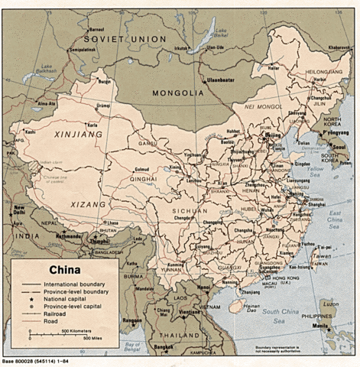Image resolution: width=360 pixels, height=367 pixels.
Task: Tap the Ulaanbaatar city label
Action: [218, 80]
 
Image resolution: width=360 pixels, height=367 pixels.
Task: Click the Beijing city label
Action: [273, 135]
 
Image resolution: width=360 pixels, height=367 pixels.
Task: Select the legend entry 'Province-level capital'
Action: [75, 305]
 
